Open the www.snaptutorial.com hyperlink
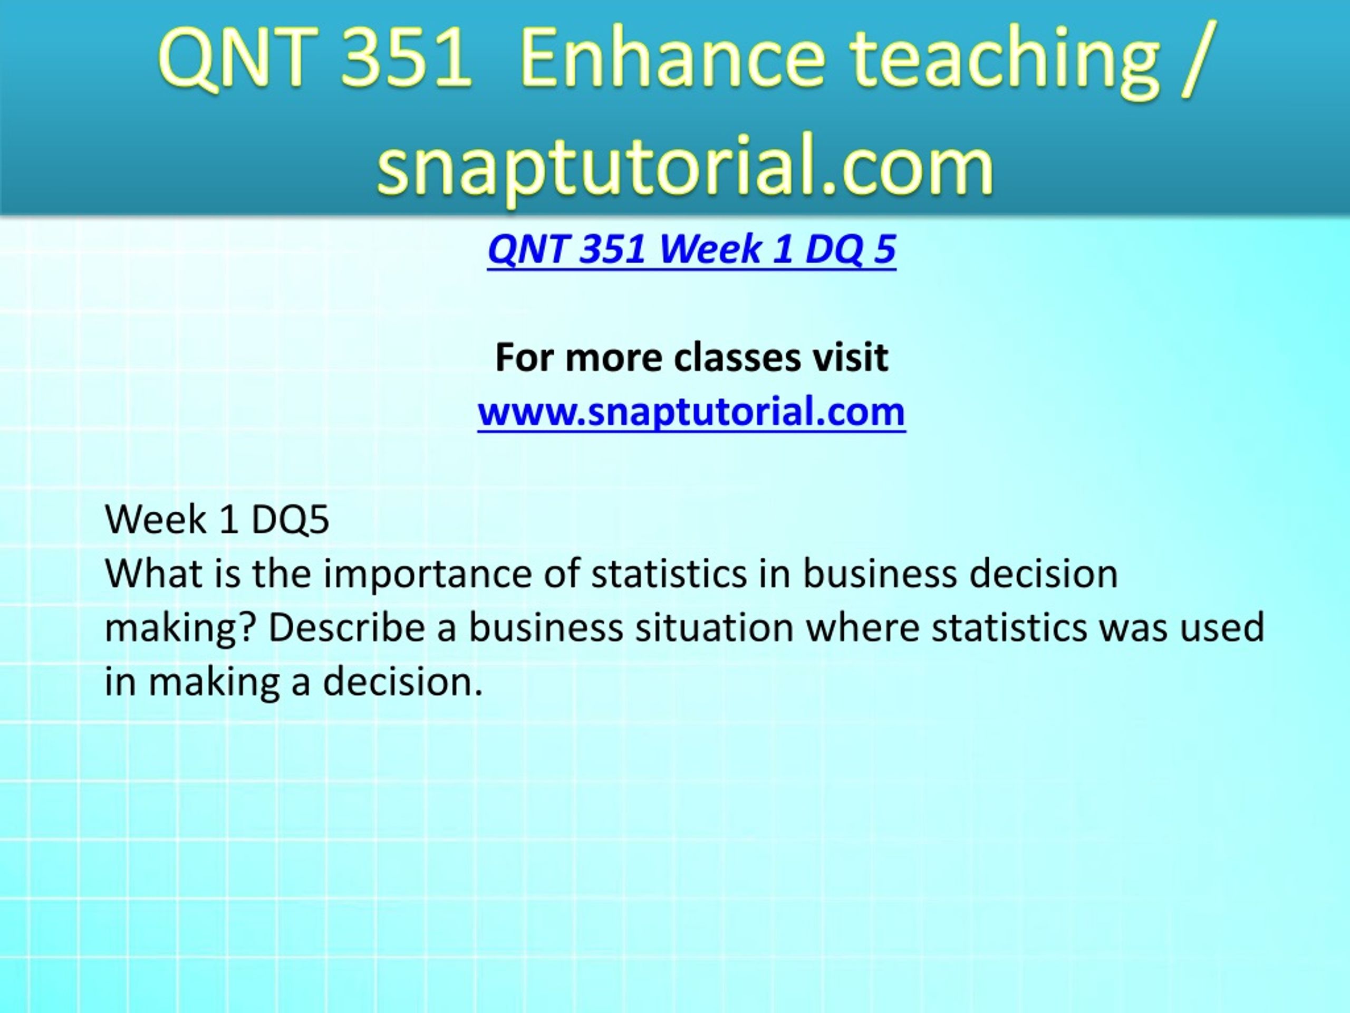pos(691,412)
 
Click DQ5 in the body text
pos(290,520)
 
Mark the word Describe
pos(346,628)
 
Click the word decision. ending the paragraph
pos(402,682)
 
